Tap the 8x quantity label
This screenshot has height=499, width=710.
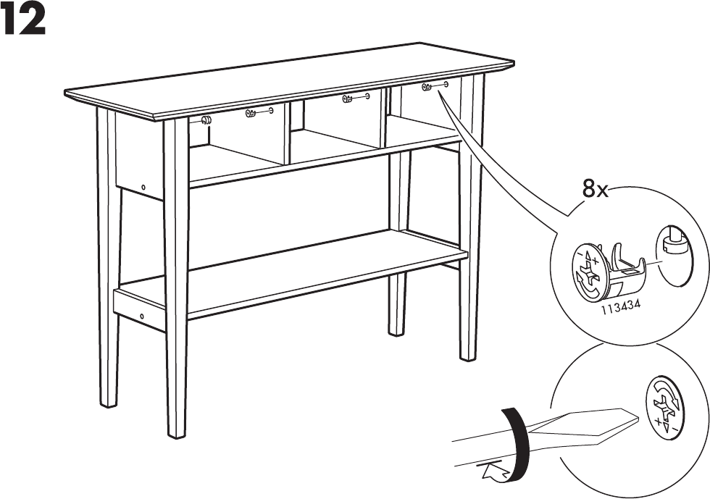[596, 190]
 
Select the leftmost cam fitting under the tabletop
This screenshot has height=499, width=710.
[205, 121]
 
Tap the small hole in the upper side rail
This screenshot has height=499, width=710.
[143, 188]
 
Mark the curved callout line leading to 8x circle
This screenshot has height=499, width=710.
[507, 163]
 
